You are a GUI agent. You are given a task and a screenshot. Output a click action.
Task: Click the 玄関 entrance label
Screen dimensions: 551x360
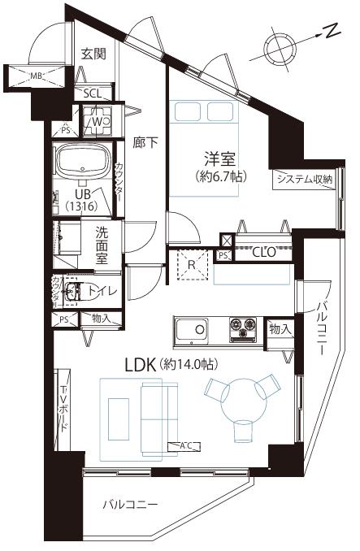pos(94,54)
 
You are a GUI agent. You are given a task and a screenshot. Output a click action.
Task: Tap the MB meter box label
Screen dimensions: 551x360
pos(36,76)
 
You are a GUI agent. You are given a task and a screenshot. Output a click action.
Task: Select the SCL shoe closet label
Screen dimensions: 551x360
pos(92,93)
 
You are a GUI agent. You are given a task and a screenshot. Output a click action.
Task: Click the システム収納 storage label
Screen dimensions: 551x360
pos(304,180)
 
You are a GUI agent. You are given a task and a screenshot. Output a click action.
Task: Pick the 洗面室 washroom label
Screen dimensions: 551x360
pos(102,244)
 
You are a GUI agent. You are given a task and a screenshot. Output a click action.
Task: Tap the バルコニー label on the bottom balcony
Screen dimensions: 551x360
pos(130,505)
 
